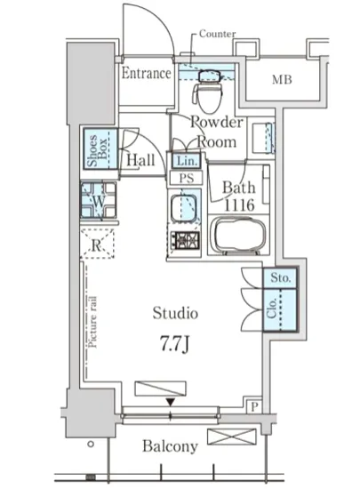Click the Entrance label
(146, 74)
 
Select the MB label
(282, 80)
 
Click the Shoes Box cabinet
(100, 149)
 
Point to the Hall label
(140, 160)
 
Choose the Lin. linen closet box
(187, 161)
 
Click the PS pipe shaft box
(187, 178)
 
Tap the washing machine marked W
(99, 201)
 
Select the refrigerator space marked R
(97, 244)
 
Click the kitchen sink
(184, 207)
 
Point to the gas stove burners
(187, 240)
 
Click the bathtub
(239, 236)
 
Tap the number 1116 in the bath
(240, 205)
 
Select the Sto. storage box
(280, 278)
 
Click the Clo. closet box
(280, 309)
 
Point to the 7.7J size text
(174, 344)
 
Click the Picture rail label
(92, 322)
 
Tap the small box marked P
(254, 406)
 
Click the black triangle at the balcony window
(170, 402)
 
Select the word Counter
(217, 34)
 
